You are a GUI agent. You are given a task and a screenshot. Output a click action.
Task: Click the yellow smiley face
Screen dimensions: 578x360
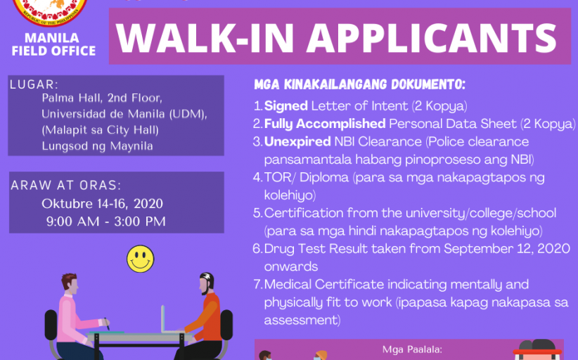[141, 259]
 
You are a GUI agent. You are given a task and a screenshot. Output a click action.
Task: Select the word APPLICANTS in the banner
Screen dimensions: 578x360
[432, 38]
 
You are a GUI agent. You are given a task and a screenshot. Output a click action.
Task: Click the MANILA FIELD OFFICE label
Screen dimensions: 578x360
[53, 44]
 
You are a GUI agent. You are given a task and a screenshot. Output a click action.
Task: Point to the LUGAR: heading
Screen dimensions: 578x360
[34, 84]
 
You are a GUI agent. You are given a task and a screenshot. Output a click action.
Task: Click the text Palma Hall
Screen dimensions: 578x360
[71, 98]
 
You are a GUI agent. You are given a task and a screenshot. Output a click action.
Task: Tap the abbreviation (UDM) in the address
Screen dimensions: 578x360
[188, 114]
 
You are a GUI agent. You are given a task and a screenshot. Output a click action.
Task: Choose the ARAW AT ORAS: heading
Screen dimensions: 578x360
[66, 185]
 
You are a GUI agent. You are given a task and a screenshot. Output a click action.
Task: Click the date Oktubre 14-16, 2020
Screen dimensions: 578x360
[102, 203]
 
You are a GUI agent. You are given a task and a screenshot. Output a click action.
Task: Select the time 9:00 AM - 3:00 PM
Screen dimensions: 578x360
[105, 221]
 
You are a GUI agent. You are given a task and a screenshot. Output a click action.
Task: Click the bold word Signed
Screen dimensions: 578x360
[286, 106]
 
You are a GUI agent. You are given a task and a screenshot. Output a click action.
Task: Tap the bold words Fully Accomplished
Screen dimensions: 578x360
[325, 124]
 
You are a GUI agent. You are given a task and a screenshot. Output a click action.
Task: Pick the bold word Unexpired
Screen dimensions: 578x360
[297, 142]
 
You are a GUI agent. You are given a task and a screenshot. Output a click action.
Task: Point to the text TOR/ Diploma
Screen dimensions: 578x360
[307, 177]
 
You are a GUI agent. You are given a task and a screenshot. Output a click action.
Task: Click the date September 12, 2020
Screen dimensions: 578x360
[507, 249]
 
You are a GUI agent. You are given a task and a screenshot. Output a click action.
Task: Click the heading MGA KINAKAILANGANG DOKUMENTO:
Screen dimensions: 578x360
[360, 84]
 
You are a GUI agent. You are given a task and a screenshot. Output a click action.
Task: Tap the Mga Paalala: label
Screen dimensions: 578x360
[412, 349]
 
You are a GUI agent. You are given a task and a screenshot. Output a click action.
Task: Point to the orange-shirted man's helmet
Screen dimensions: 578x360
[207, 279]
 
